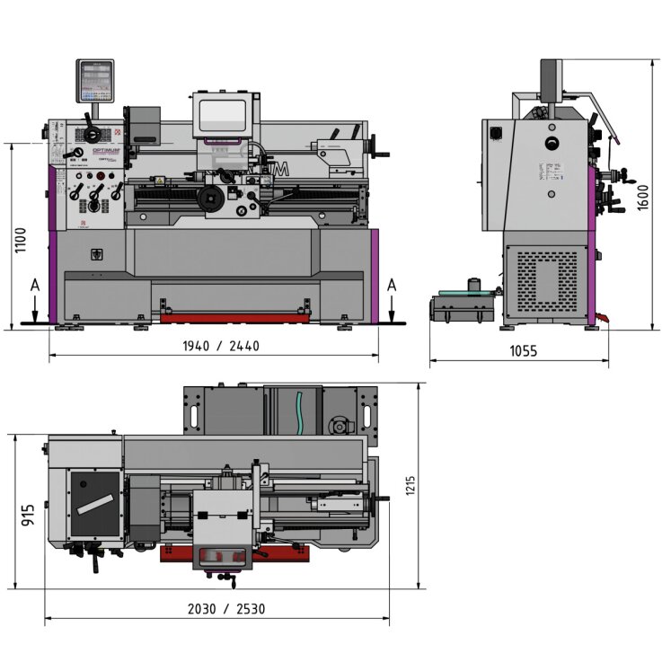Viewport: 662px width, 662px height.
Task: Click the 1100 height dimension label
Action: point(21,240)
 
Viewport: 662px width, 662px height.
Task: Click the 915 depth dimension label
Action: point(28,515)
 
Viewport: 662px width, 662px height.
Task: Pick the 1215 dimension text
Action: point(410,486)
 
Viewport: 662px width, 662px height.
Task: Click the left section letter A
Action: point(34,285)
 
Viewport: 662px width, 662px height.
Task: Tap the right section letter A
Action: point(392,285)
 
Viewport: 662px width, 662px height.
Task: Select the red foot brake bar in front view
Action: point(236,316)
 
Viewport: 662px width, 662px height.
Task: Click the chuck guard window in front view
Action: point(221,117)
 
